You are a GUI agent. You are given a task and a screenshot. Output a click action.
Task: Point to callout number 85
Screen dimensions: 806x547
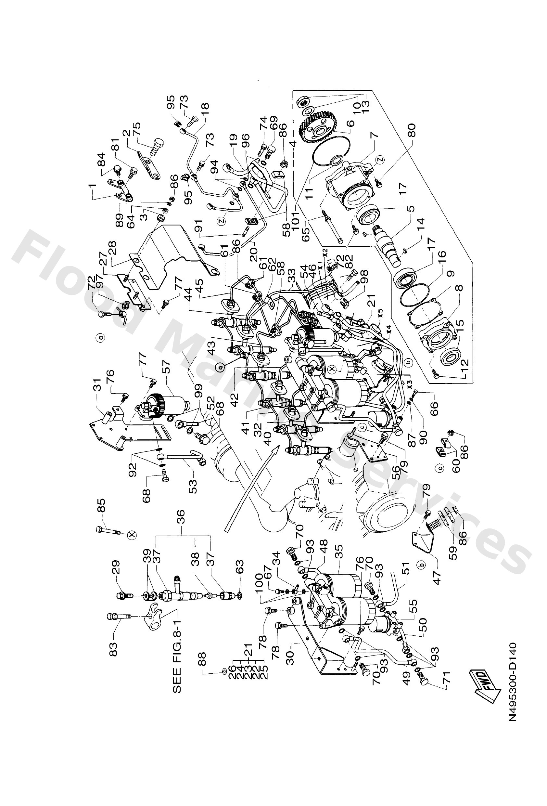point(102,510)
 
